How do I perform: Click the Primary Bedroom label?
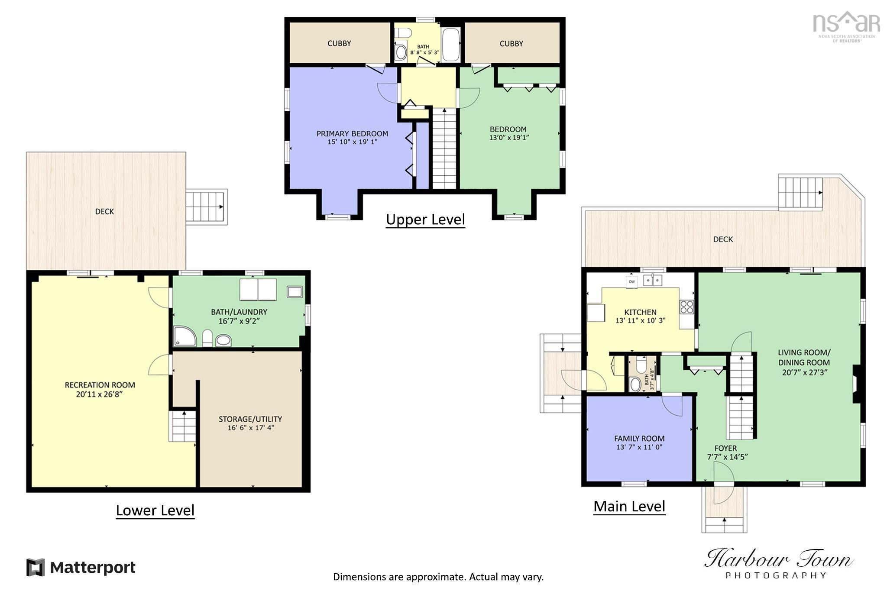click(x=352, y=133)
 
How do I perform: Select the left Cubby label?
click(x=339, y=43)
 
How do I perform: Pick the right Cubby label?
click(x=511, y=44)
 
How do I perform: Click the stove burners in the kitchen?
click(x=686, y=307)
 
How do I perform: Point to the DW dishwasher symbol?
click(x=631, y=281)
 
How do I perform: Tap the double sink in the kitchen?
click(x=653, y=281)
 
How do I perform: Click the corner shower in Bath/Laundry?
click(x=185, y=336)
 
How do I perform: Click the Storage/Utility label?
click(x=250, y=419)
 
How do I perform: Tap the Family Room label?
click(x=639, y=439)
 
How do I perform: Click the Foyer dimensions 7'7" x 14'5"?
click(x=728, y=457)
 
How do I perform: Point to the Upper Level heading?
click(x=425, y=220)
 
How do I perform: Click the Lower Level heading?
click(x=155, y=510)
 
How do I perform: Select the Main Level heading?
click(x=629, y=506)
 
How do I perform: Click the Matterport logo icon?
click(x=36, y=567)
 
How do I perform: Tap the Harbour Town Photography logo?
click(x=778, y=563)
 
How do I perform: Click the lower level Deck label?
click(x=104, y=211)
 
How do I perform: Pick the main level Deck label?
click(x=723, y=239)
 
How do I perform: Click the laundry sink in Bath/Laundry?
click(x=295, y=292)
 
